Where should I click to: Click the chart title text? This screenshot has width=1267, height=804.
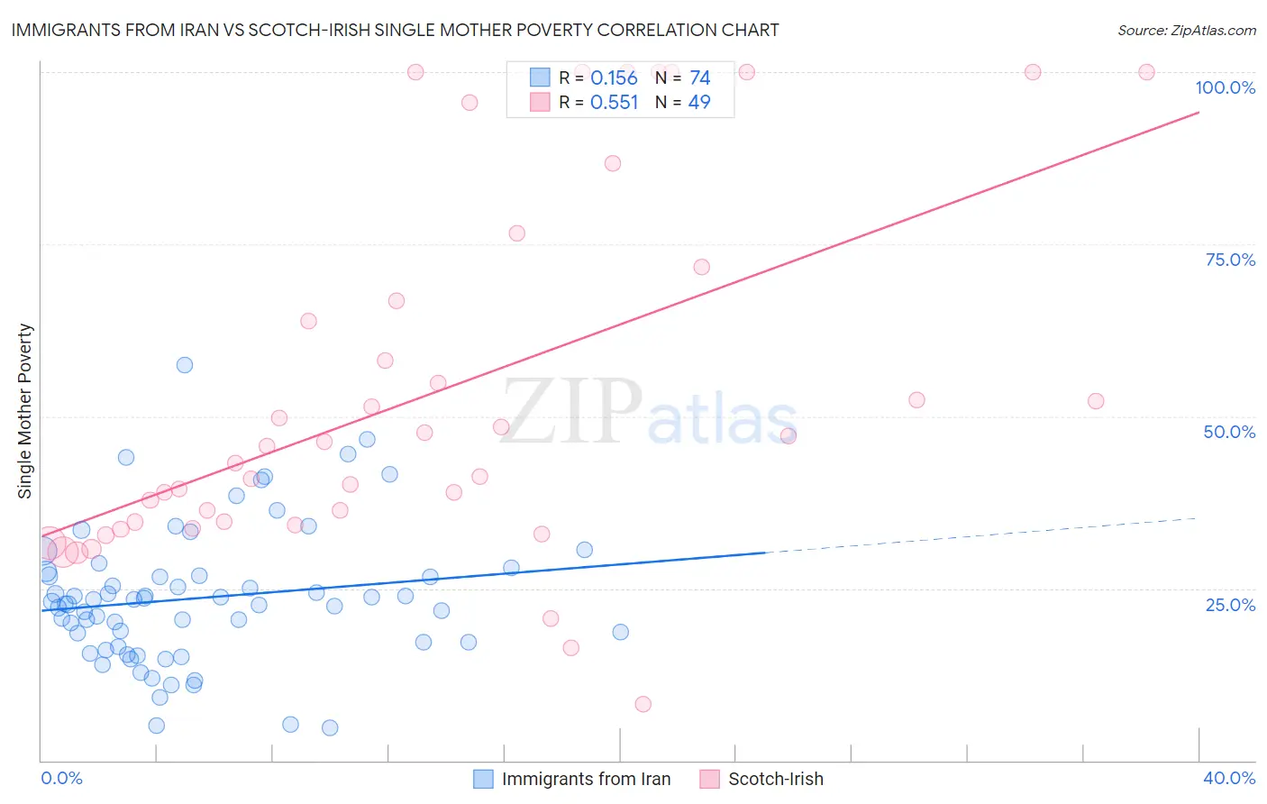pos(395,30)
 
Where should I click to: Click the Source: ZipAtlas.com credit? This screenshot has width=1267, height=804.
pos(1186,30)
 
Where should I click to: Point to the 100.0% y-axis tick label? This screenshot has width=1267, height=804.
pos(1225,87)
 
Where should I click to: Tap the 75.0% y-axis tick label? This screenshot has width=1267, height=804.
pos(1230,260)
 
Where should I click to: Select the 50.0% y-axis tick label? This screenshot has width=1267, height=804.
pos(1229,432)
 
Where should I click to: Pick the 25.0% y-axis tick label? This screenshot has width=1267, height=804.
pos(1230,604)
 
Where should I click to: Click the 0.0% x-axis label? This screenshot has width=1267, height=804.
pos(61,778)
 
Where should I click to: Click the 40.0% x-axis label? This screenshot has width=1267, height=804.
pos(1229,778)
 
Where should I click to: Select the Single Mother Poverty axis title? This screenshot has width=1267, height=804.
pos(25,411)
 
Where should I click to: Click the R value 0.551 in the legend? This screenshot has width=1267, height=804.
pos(614,102)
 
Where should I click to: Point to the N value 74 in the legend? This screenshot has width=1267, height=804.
pos(699,78)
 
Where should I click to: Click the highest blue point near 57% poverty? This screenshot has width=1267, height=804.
pos(185,365)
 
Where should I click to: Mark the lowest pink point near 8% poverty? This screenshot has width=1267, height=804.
pos(643,704)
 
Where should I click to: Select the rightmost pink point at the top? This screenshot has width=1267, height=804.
pos(1146,72)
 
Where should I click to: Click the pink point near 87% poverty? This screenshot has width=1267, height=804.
pos(613,163)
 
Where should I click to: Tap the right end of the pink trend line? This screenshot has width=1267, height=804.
pos(1199,112)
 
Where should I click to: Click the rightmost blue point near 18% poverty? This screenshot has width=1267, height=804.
pos(620,632)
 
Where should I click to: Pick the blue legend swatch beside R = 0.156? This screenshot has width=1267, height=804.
pos(539,78)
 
